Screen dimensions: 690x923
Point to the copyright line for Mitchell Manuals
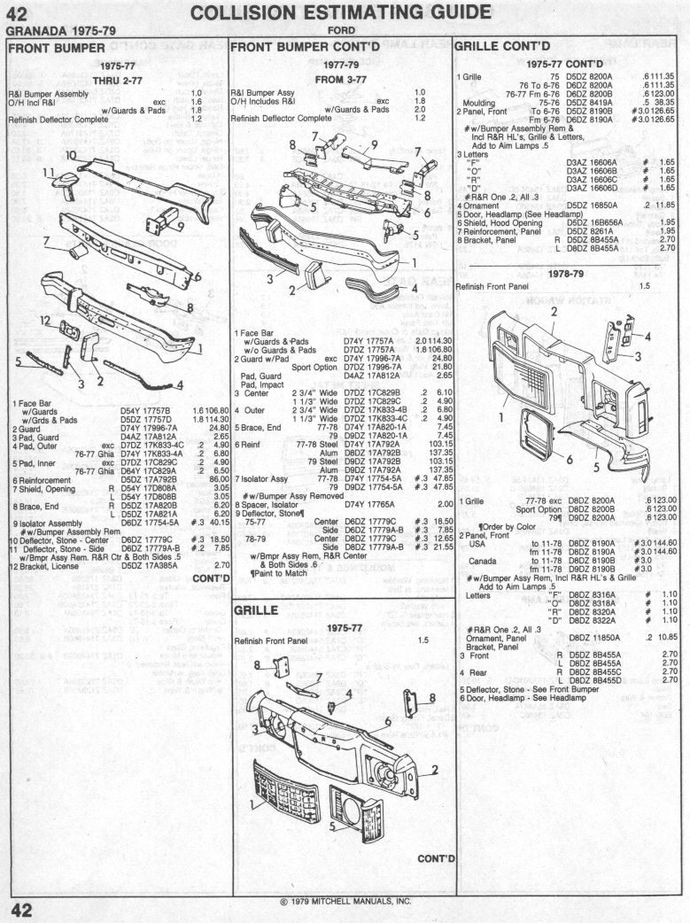[345, 902]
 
